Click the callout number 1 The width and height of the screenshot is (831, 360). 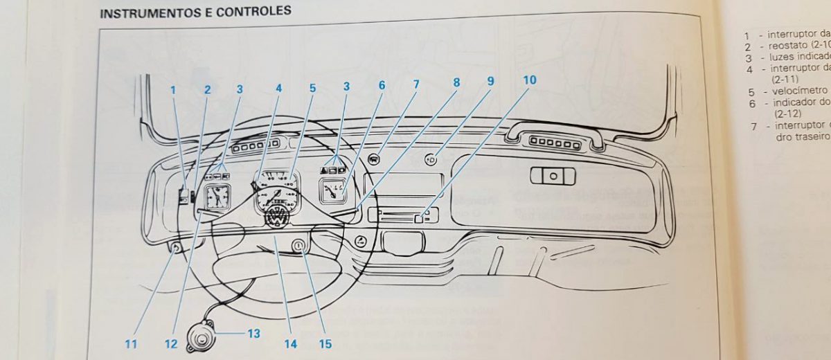pyautogui.click(x=174, y=89)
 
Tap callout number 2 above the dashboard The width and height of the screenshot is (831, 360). pyautogui.click(x=206, y=89)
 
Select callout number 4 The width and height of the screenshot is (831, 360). pyautogui.click(x=279, y=89)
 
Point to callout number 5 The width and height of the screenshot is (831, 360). pyautogui.click(x=312, y=89)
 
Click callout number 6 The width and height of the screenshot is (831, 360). pyautogui.click(x=381, y=85)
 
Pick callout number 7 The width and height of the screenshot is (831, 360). pyautogui.click(x=416, y=84)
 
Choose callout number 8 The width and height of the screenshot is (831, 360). pyautogui.click(x=456, y=82)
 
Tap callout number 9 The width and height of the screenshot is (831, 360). pyautogui.click(x=490, y=80)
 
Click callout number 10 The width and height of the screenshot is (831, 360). pyautogui.click(x=529, y=80)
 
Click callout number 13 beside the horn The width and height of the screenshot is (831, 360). pyautogui.click(x=253, y=334)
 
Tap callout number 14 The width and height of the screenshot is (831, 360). pyautogui.click(x=289, y=343)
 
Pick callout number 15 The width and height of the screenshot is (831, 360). pyautogui.click(x=325, y=343)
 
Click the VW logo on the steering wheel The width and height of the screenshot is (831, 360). pyautogui.click(x=276, y=217)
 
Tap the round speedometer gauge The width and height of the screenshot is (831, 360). pyautogui.click(x=276, y=191)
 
